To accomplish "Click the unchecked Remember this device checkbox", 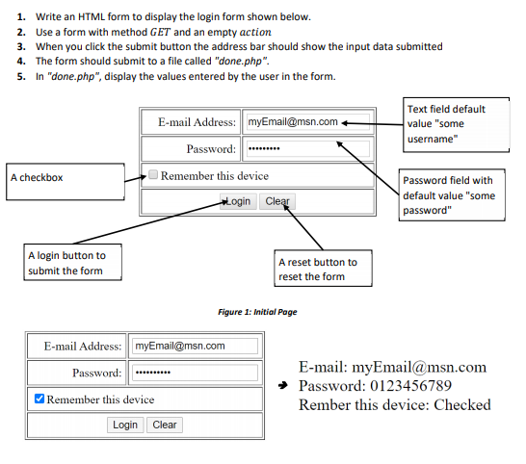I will (152, 175).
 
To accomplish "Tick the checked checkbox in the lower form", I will (39, 399).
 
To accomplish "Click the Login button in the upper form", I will (237, 201).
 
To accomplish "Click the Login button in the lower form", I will (125, 425).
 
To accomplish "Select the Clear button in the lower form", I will (165, 425).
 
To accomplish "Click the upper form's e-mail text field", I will (306, 122).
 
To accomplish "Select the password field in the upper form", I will (306, 149).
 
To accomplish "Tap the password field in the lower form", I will (194, 373).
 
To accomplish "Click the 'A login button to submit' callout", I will (74, 263).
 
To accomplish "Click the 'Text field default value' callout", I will (457, 124).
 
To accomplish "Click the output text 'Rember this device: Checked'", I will (394, 404).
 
